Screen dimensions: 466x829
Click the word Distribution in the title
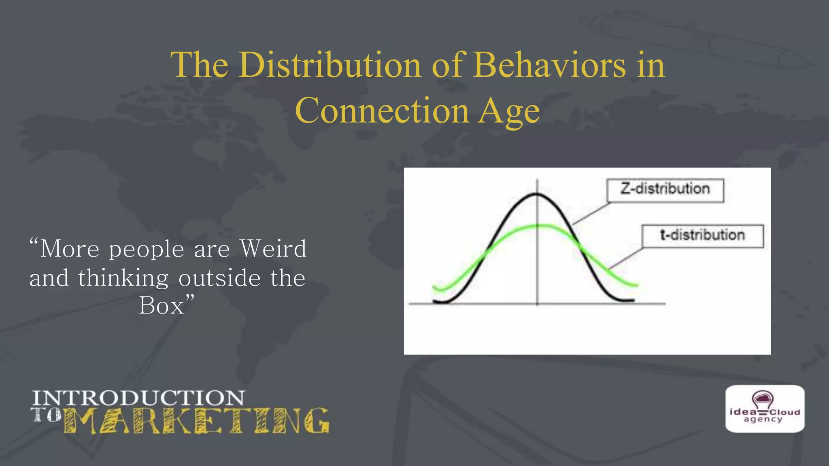click(x=330, y=65)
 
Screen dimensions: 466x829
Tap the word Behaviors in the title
click(x=550, y=65)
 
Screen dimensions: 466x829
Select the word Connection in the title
click(x=382, y=111)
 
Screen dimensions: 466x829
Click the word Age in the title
click(x=509, y=112)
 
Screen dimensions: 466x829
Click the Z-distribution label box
click(x=665, y=190)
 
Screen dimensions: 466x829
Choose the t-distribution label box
click(x=702, y=236)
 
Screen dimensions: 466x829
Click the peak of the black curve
click(x=537, y=195)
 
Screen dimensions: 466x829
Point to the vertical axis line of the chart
click(x=537, y=263)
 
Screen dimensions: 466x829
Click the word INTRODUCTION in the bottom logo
click(x=138, y=398)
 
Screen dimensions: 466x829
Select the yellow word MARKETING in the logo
click(x=196, y=421)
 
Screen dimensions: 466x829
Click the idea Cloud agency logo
click(x=765, y=409)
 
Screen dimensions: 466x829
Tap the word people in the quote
click(x=147, y=249)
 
